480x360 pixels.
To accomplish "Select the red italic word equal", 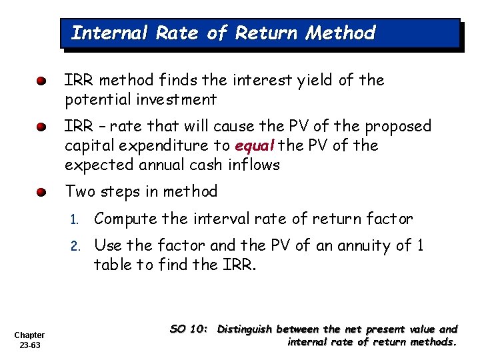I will point(255,146).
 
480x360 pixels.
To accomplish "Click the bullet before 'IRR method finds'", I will point(41,81).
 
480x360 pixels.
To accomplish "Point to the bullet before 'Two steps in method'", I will point(41,193).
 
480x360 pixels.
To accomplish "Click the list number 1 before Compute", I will point(76,219).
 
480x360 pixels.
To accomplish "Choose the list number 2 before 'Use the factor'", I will point(76,246).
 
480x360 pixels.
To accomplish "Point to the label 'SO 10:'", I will point(190,329).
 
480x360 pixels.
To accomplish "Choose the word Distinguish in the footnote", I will point(245,329).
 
